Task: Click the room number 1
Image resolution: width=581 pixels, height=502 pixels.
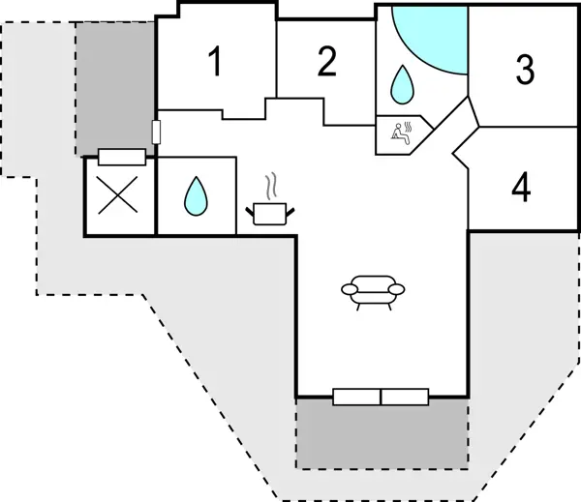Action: [x=215, y=63]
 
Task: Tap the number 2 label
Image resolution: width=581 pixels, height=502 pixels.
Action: [x=327, y=62]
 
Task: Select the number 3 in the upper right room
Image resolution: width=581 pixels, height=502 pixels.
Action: [x=524, y=70]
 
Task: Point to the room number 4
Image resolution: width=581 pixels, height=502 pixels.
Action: [x=521, y=189]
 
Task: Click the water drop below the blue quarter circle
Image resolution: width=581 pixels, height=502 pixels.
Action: [x=401, y=85]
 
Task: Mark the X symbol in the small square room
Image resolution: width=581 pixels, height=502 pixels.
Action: [x=118, y=197]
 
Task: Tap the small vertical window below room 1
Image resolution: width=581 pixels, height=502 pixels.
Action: [x=155, y=131]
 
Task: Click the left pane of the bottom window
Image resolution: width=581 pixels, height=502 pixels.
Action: [x=356, y=396]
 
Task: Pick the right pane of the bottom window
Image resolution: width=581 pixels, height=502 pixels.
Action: [x=405, y=396]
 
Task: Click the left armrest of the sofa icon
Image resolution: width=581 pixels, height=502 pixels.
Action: [x=350, y=287]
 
